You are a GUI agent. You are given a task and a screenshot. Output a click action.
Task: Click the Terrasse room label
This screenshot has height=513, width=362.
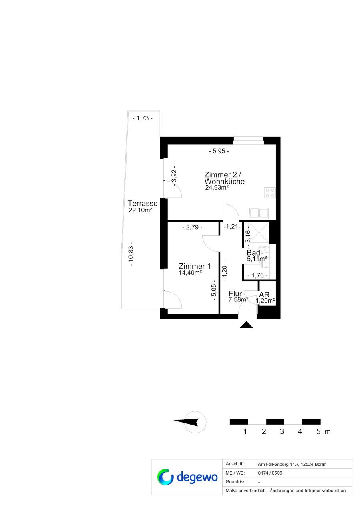tap(143, 203)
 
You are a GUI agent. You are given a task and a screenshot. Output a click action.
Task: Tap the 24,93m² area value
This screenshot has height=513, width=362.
tap(217, 188)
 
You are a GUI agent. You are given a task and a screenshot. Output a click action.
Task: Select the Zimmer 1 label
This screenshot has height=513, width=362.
tap(195, 266)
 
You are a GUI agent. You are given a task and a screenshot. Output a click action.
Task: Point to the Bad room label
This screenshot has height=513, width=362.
tap(253, 253)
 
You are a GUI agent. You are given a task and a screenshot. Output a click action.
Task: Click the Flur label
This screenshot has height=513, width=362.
tap(235, 293)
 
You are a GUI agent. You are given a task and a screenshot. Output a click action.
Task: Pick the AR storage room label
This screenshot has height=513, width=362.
tap(264, 295)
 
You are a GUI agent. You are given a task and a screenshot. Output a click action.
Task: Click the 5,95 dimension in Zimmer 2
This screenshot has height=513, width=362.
tap(219, 151)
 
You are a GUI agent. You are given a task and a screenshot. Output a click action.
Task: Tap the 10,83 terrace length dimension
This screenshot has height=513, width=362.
tap(131, 254)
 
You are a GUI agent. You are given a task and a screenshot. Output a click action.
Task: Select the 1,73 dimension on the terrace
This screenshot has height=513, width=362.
tap(143, 118)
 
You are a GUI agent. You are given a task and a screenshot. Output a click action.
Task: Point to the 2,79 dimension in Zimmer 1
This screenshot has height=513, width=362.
tap(192, 228)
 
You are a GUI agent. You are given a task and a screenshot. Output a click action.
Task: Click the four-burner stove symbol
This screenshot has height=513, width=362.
tap(270, 192)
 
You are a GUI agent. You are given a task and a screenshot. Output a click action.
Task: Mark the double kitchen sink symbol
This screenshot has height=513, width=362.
tap(259, 213)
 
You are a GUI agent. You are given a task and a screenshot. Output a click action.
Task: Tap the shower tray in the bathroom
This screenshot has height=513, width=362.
tap(259, 232)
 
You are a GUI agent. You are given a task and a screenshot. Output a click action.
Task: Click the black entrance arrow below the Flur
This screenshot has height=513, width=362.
tap(246, 325)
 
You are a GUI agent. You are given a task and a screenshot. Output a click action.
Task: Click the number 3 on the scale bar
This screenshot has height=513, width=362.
tap(282, 432)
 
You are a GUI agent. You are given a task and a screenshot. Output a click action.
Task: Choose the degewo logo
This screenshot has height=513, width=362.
tap(187, 477)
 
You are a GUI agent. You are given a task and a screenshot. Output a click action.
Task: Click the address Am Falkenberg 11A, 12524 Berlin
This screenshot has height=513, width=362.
tap(292, 464)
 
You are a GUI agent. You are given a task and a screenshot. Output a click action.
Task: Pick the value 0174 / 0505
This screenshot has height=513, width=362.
tap(270, 473)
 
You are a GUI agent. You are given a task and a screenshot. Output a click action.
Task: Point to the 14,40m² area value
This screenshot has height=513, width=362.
tap(190, 272)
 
